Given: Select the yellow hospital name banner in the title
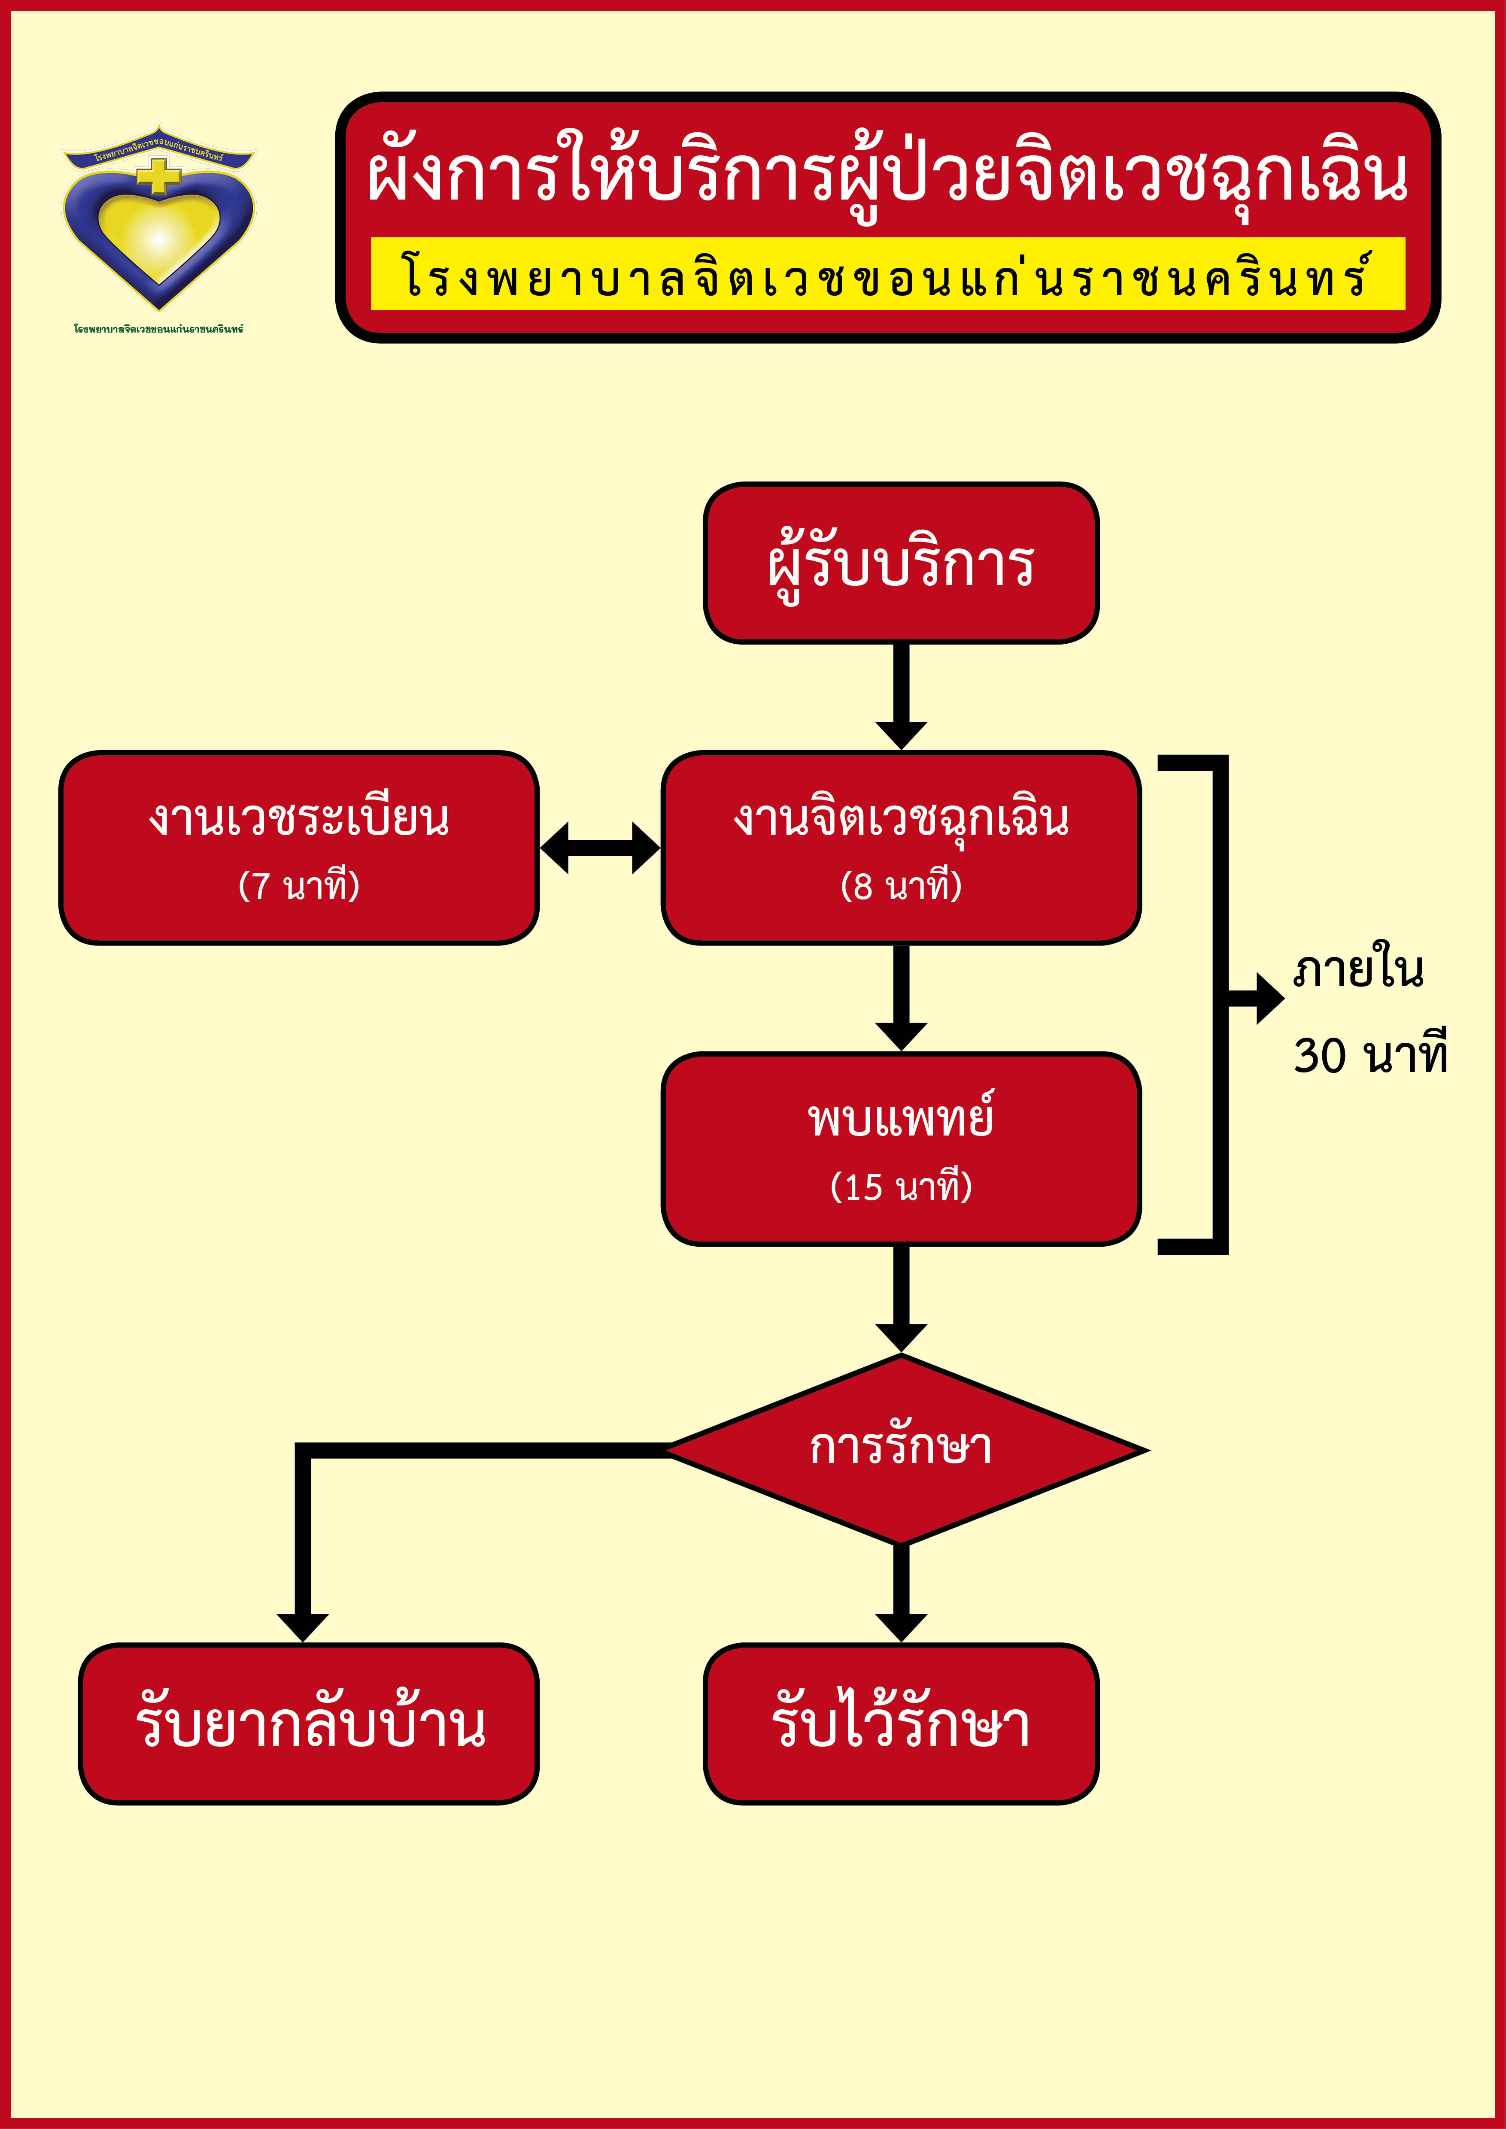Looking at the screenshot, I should tap(887, 275).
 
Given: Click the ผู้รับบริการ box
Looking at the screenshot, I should tap(900, 563).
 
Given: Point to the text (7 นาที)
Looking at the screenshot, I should tap(299, 885).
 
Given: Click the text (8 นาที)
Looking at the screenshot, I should tap(900, 885).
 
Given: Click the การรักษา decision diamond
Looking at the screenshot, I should tap(900, 1449).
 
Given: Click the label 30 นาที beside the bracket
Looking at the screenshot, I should tap(1369, 1055).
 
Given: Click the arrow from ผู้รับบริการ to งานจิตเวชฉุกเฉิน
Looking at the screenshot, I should tap(900, 696).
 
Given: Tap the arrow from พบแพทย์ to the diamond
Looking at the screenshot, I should tap(900, 1298).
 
